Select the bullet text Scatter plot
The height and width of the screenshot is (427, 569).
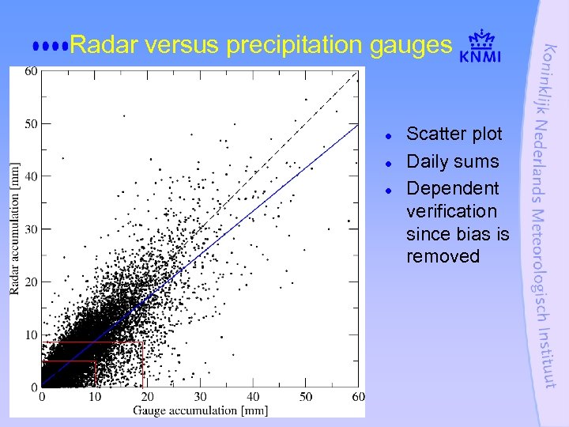[454, 134]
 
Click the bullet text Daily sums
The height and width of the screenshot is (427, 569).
[452, 161]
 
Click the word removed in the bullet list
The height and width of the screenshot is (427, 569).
[443, 256]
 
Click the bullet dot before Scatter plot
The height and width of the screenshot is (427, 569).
[390, 135]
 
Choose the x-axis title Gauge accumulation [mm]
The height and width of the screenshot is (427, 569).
[200, 410]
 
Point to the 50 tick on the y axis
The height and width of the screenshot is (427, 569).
[31, 123]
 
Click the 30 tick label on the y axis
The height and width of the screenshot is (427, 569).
[31, 229]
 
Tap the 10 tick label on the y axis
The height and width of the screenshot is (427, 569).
[31, 335]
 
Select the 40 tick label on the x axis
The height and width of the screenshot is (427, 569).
[253, 396]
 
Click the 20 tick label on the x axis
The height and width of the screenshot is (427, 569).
[147, 396]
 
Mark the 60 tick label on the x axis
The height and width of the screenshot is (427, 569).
[358, 396]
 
